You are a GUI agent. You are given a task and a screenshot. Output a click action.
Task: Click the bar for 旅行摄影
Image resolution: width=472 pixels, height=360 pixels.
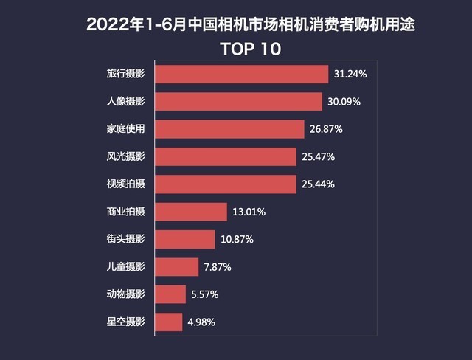point(243,75)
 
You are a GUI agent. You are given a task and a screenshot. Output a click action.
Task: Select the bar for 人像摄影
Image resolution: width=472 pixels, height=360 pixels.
point(240,102)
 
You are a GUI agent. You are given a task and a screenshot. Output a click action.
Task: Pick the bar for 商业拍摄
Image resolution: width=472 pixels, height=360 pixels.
point(192,212)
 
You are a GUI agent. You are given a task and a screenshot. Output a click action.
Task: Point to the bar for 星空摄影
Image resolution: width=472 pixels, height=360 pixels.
point(170,322)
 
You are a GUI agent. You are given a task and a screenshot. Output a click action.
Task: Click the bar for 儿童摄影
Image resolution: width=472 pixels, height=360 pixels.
point(178,267)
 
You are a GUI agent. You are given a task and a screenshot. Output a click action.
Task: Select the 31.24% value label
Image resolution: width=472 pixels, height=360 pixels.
point(350,75)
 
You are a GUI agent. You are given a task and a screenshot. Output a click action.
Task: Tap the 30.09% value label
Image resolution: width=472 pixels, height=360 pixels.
point(344,102)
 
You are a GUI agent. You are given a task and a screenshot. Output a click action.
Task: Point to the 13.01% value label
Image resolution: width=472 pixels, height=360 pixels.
point(249,212)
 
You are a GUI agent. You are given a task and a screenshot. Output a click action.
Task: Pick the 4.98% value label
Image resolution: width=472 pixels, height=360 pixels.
point(201,322)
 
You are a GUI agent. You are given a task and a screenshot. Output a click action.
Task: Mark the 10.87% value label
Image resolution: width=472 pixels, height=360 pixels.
point(236,240)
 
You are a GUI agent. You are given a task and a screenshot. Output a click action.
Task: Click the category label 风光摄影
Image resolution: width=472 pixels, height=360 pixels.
point(126,157)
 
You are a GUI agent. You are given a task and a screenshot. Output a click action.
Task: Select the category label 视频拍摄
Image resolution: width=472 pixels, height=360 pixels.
point(126,184)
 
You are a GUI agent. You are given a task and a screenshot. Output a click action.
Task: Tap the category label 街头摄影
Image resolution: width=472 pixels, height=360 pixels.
point(126,240)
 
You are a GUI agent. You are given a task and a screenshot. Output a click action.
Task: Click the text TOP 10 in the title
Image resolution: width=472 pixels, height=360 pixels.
point(251,49)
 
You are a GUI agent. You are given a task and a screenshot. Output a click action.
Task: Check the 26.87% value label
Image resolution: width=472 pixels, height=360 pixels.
point(326,130)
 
